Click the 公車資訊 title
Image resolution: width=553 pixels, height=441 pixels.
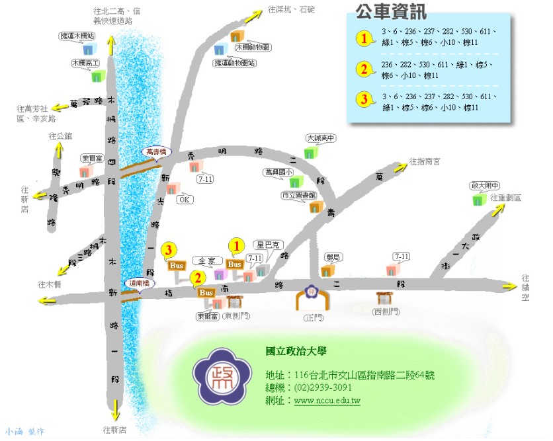click(391, 12)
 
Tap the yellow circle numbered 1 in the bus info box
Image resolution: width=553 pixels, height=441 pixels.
click(362, 38)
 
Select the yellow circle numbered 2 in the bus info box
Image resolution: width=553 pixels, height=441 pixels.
click(362, 69)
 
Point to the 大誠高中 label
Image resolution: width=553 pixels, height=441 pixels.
click(321, 139)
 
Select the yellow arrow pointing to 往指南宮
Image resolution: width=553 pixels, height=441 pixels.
click(399, 167)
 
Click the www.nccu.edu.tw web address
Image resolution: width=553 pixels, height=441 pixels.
click(327, 401)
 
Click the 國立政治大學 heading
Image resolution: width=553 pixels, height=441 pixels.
click(295, 351)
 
